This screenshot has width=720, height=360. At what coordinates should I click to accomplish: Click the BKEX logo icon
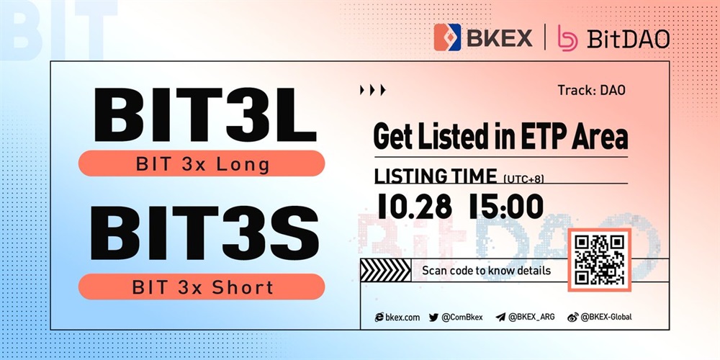click(447, 37)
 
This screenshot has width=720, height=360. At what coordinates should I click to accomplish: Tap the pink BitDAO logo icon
click(567, 37)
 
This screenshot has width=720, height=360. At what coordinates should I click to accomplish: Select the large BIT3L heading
click(205, 114)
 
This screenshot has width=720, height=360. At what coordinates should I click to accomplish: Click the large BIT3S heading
click(204, 233)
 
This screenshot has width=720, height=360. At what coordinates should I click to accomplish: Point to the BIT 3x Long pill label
click(202, 163)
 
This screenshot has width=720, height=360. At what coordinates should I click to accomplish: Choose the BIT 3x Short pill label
click(202, 287)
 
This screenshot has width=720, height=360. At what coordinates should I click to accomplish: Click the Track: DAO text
click(591, 91)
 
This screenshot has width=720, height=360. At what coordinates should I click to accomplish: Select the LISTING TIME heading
click(436, 176)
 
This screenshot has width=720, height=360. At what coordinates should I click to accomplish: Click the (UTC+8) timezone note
click(523, 179)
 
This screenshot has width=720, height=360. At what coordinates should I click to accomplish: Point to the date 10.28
click(415, 206)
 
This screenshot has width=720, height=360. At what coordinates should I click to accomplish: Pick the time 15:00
click(506, 206)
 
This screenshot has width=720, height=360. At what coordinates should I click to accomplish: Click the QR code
click(600, 259)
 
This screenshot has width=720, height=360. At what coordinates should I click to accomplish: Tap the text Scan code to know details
click(486, 271)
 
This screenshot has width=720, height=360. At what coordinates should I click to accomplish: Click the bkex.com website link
click(397, 317)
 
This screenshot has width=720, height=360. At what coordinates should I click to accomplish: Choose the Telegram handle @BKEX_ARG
click(526, 317)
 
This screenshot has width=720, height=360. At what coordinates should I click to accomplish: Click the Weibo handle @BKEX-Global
click(600, 317)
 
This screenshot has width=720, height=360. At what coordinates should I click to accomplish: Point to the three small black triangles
click(373, 90)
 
